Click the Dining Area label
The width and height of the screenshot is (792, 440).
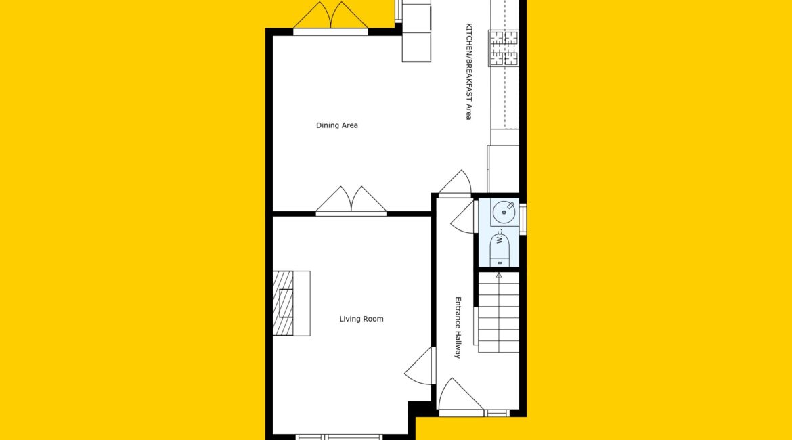[x=337, y=125]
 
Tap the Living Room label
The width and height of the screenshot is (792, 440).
[x=361, y=319]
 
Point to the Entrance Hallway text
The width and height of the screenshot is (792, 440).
[x=458, y=328]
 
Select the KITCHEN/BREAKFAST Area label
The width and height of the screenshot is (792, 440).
[x=468, y=71]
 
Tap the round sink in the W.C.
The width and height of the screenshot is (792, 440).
[x=504, y=212]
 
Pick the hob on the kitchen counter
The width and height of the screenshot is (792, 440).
[x=503, y=48]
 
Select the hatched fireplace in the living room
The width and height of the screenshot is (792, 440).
[x=283, y=303]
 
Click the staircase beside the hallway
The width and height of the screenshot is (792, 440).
[x=498, y=312]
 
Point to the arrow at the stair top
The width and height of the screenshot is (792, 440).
[x=498, y=276]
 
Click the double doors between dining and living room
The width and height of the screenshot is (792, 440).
[x=351, y=201]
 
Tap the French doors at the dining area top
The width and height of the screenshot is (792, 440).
[x=330, y=18]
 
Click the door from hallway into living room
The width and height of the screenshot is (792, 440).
[x=420, y=366]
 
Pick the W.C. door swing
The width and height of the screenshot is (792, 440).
[x=463, y=217]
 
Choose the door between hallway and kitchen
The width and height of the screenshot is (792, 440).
[x=455, y=183]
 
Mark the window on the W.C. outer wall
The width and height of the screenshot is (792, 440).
[x=523, y=219]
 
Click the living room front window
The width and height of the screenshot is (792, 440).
[x=338, y=437]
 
